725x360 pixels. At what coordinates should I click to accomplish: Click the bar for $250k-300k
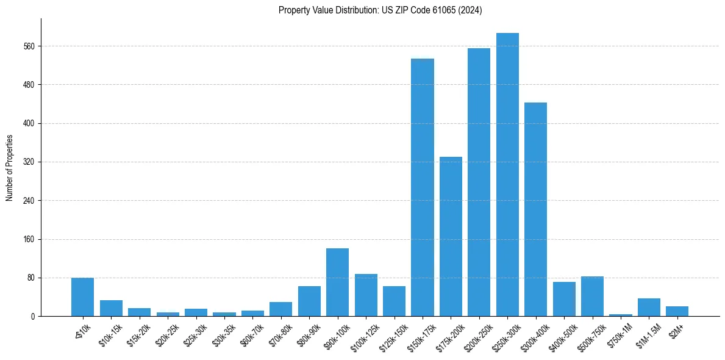pyautogui.click(x=507, y=175)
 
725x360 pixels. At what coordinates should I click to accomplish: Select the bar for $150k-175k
pyautogui.click(x=423, y=187)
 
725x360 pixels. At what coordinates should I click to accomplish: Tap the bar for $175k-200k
pyautogui.click(x=451, y=237)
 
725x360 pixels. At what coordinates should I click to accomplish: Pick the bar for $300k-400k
pyautogui.click(x=535, y=209)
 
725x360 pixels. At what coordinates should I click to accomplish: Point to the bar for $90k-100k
pyautogui.click(x=337, y=283)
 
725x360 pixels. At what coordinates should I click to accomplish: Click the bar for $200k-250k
pyautogui.click(x=479, y=182)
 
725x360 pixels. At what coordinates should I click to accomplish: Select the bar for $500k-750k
pyautogui.click(x=592, y=297)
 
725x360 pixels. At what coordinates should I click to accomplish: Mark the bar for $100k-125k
pyautogui.click(x=366, y=295)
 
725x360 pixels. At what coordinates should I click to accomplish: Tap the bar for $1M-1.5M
pyautogui.click(x=649, y=308)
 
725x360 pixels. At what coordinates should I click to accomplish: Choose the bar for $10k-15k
pyautogui.click(x=111, y=308)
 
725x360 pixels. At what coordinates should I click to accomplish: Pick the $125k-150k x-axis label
pyautogui.click(x=391, y=336)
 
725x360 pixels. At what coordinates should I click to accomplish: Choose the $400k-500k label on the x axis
pyautogui.click(x=561, y=336)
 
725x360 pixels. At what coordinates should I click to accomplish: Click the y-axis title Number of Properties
pyautogui.click(x=10, y=167)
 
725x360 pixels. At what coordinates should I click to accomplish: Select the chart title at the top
pyautogui.click(x=380, y=10)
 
